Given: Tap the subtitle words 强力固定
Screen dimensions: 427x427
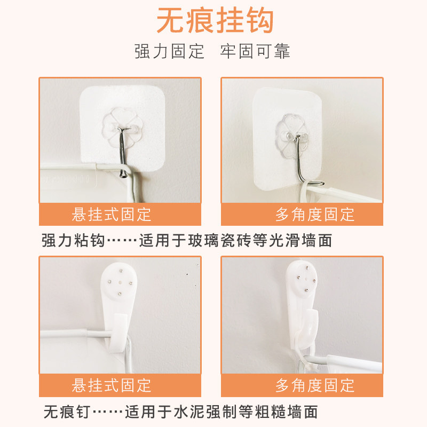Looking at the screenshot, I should point(169,52).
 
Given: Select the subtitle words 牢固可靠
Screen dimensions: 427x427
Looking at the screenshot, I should point(255,52).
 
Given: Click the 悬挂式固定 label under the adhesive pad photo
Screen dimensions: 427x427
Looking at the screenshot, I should point(112,215).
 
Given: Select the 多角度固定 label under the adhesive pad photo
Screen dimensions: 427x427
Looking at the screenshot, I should point(315,215).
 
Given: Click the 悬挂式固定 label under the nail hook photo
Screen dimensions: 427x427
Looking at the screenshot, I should point(112,385).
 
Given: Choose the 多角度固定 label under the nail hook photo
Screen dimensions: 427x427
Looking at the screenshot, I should point(315,385).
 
